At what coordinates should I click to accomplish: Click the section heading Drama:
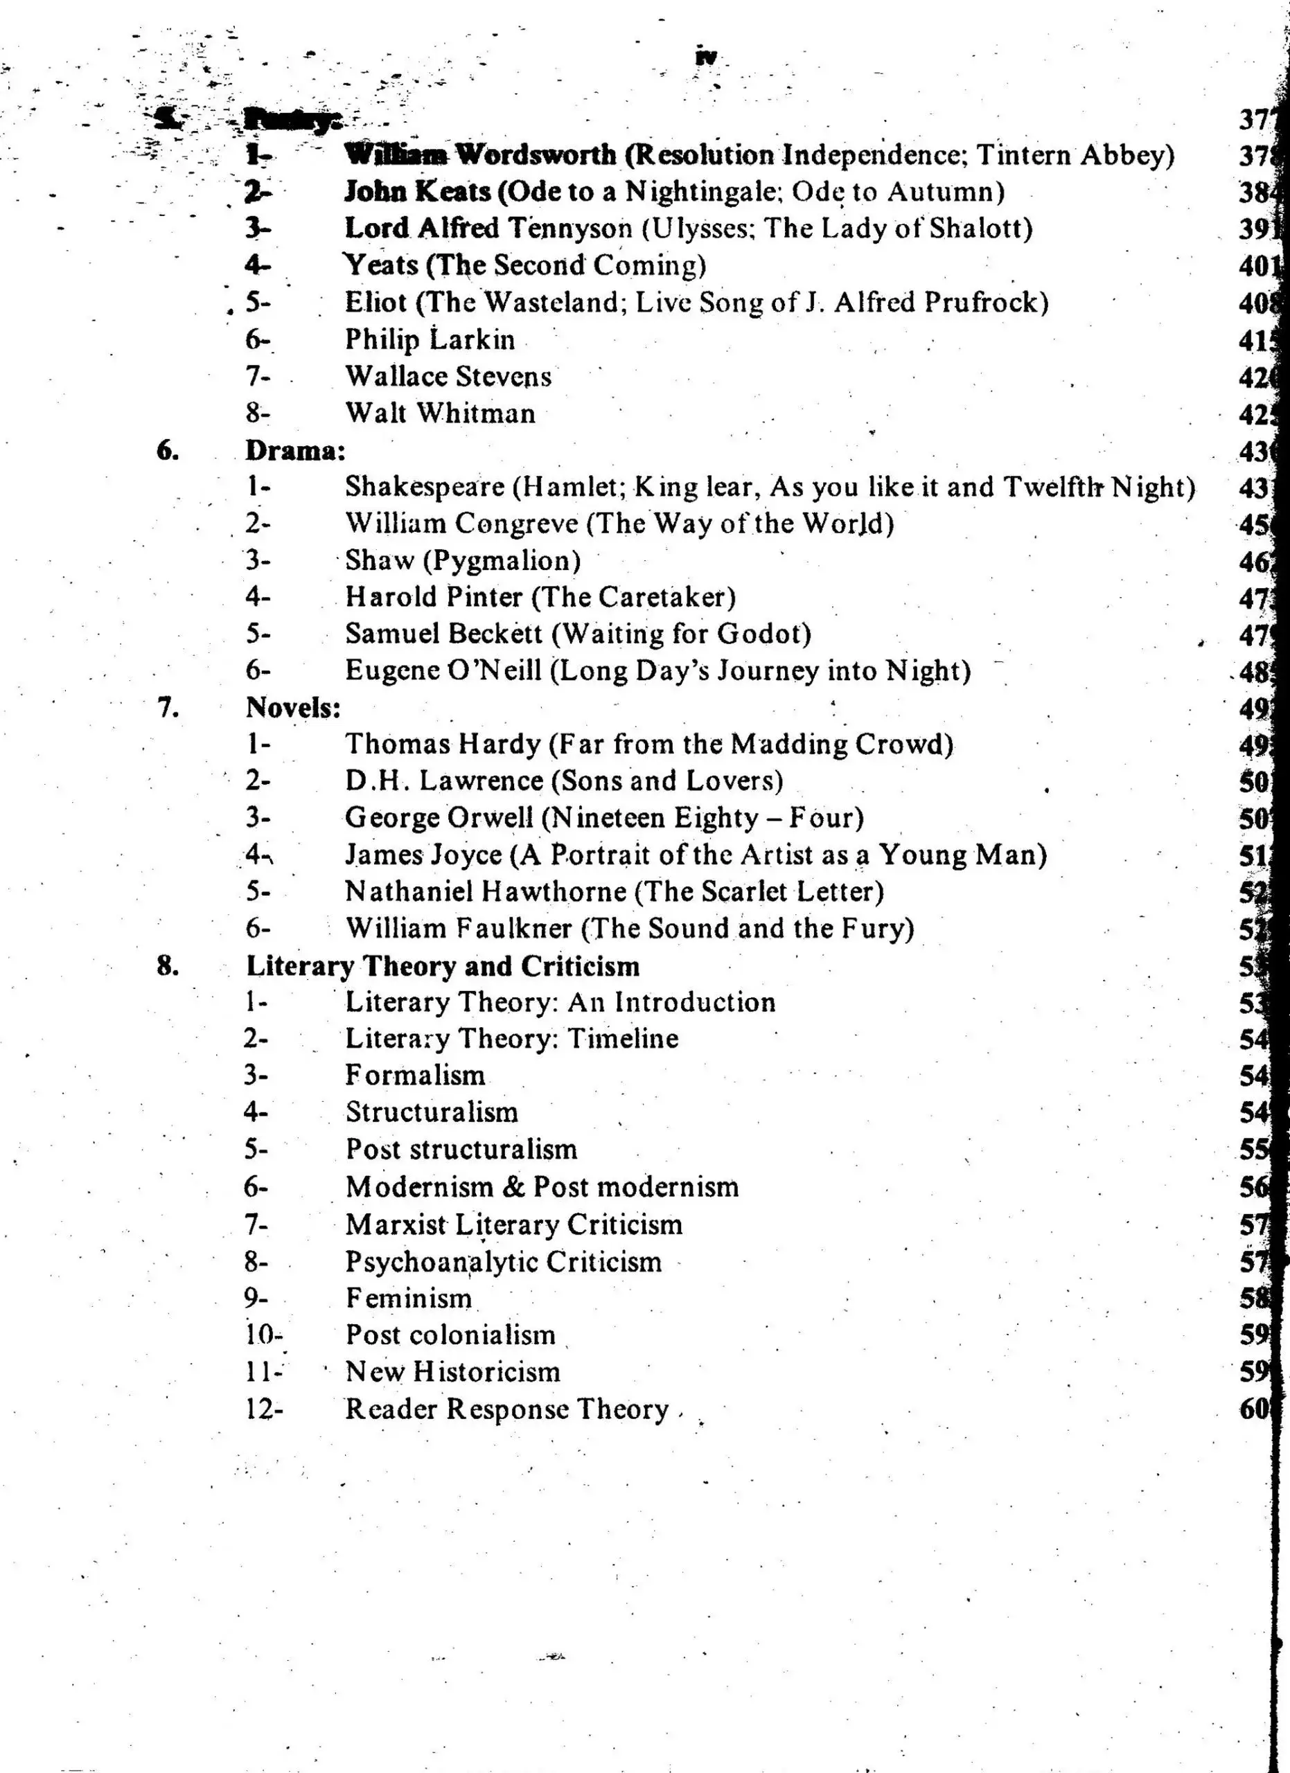[x=294, y=451]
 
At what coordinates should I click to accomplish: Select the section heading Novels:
[x=293, y=708]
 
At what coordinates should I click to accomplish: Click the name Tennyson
[x=570, y=229]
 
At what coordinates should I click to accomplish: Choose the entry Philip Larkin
[x=430, y=340]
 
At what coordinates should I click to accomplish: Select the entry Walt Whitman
[x=440, y=413]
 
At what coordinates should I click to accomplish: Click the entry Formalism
[x=415, y=1076]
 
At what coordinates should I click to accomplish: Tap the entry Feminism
[x=409, y=1299]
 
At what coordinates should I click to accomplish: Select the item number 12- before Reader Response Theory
[x=263, y=1409]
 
